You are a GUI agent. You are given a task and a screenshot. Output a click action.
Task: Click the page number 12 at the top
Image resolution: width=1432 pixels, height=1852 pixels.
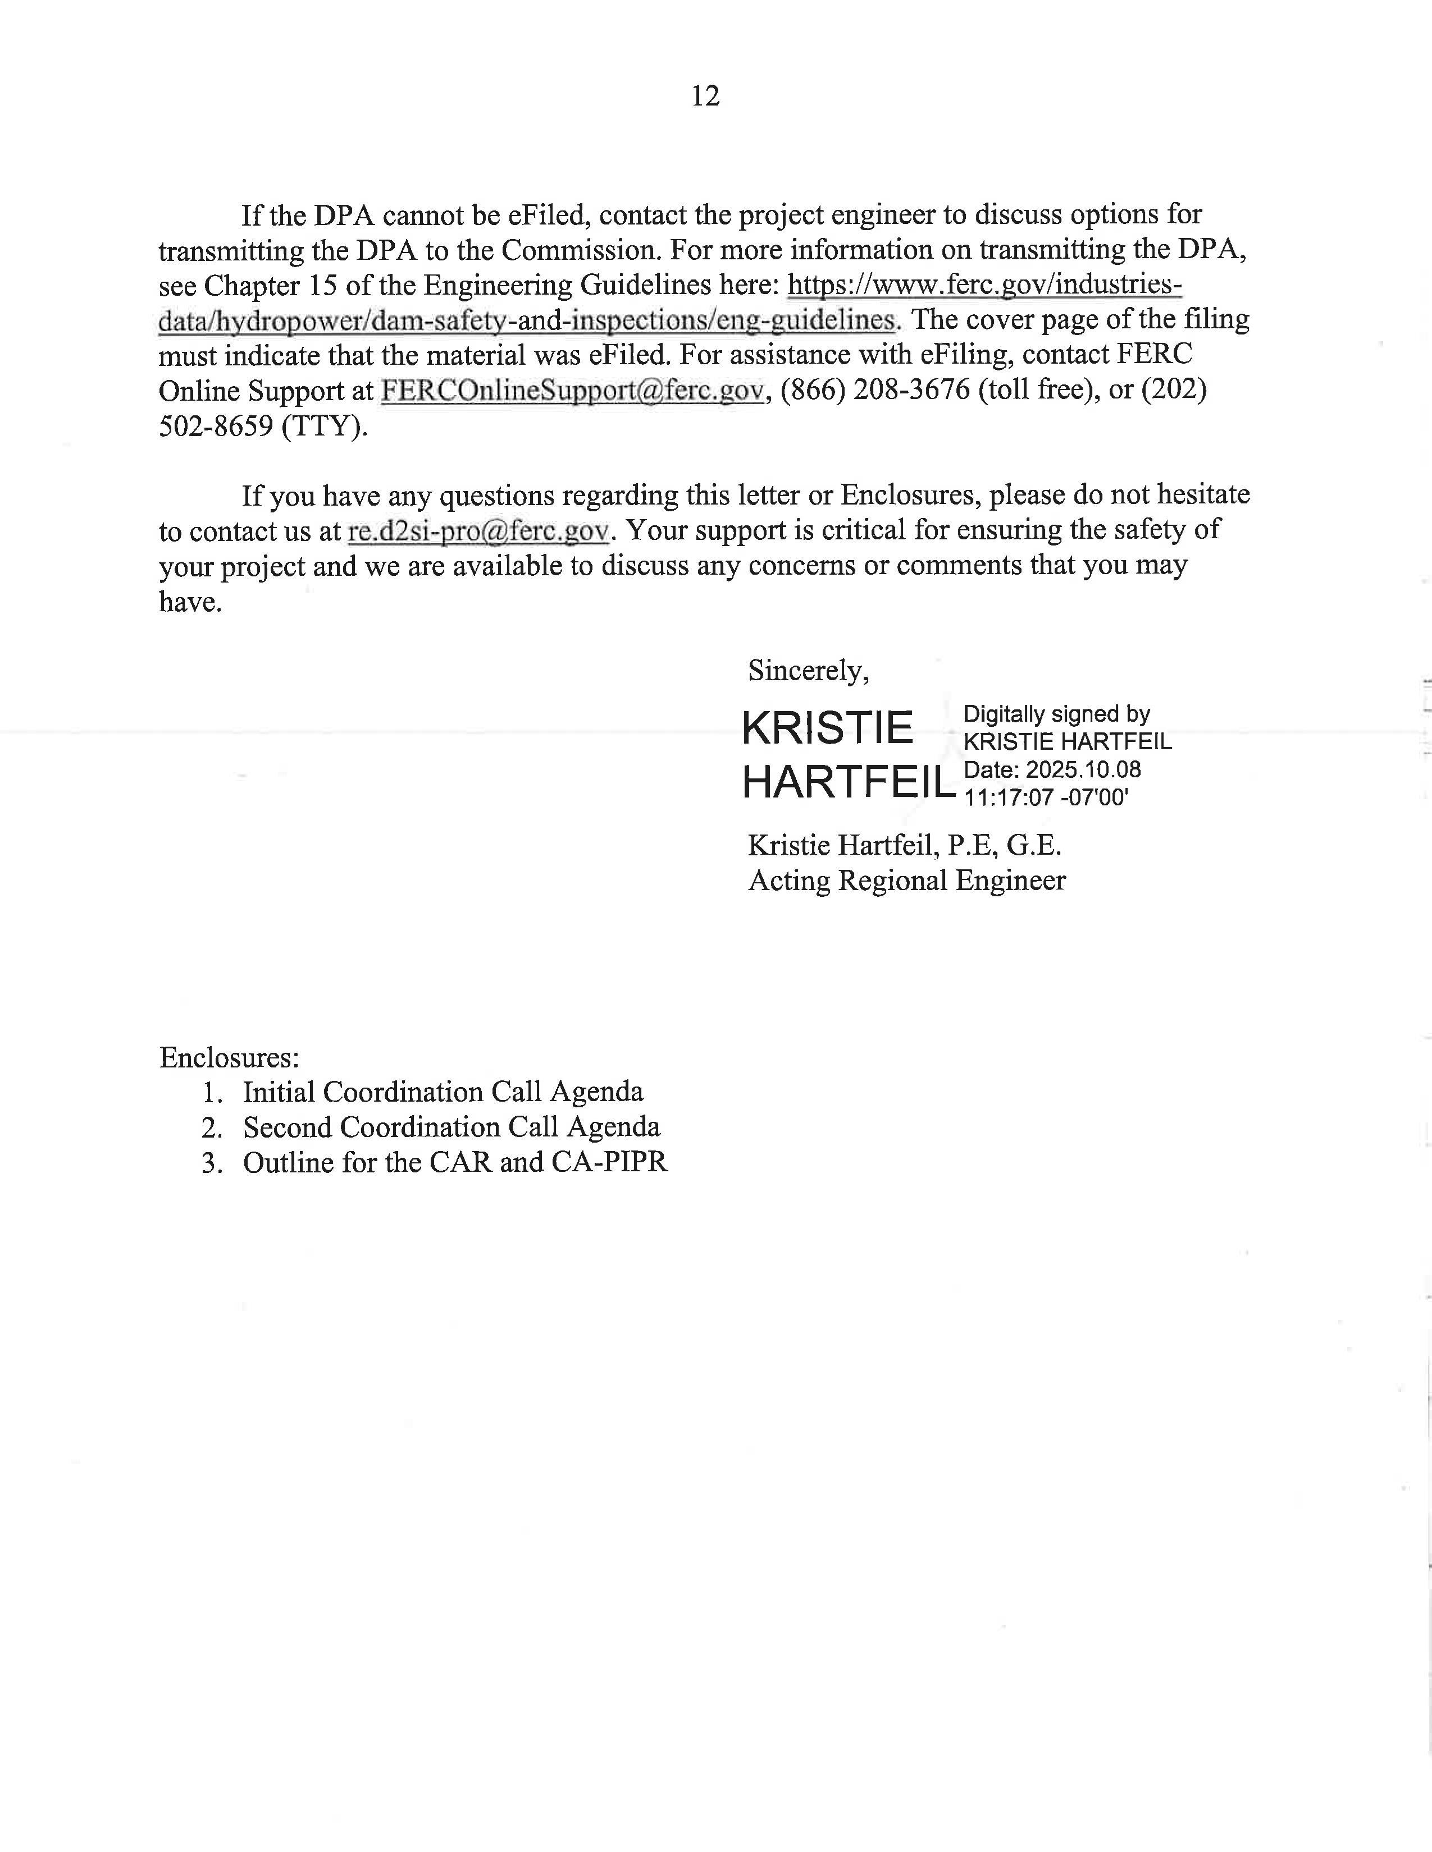point(705,96)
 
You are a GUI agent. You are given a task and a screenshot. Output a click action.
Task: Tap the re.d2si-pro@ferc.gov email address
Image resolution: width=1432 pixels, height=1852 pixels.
point(478,531)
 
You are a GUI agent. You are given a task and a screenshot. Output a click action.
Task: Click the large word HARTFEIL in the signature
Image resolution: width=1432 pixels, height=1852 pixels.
point(849,782)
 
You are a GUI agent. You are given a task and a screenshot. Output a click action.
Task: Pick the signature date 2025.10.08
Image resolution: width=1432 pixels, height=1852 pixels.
point(1083,770)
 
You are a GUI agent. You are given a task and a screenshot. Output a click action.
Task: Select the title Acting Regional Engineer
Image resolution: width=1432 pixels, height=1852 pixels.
point(906,881)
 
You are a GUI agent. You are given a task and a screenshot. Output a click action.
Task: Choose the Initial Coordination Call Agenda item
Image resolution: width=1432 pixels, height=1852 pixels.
point(443,1092)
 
